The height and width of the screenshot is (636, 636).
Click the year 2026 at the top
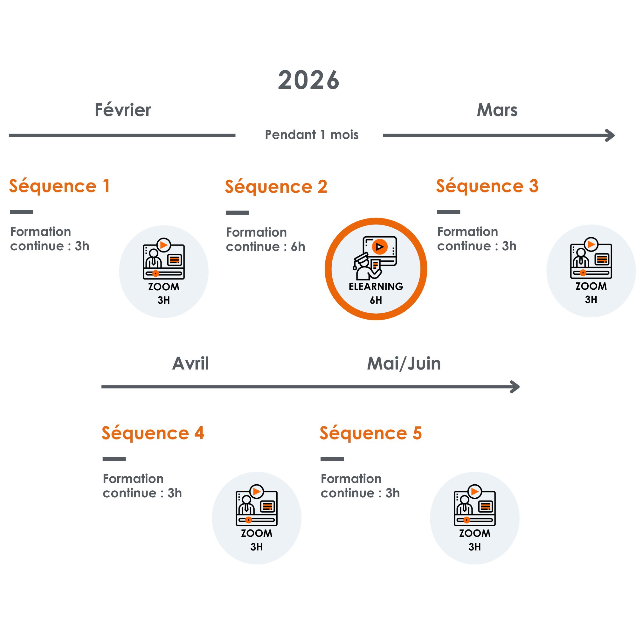(308, 80)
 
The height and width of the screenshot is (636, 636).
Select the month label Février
(123, 110)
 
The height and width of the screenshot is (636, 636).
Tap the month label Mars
(497, 110)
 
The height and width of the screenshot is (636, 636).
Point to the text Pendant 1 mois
(311, 135)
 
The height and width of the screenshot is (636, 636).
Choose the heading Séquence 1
(59, 186)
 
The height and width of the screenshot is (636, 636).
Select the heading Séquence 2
(276, 187)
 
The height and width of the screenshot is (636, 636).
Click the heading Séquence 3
(487, 186)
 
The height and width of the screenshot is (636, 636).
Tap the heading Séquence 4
(153, 433)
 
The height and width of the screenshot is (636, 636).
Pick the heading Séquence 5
(371, 433)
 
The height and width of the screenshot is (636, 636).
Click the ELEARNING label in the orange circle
(376, 287)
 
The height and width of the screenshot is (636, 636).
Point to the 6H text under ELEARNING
(376, 300)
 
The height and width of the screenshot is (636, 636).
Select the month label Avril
(190, 363)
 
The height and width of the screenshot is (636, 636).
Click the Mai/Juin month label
(404, 363)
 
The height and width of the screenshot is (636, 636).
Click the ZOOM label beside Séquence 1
(163, 287)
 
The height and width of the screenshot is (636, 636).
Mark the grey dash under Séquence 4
(114, 459)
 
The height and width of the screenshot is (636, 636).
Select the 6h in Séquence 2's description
(298, 247)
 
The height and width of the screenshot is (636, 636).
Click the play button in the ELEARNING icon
(380, 246)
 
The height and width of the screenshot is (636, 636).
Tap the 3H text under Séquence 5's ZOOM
(475, 547)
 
